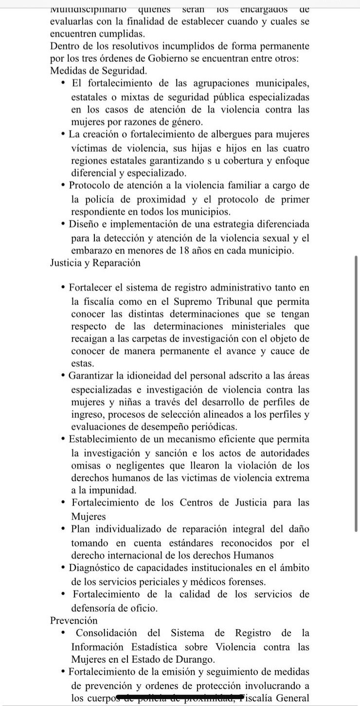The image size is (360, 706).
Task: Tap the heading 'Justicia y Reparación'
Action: tap(95, 263)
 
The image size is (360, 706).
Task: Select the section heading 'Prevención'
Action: tap(74, 620)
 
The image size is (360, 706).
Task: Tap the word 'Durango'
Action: tap(194, 660)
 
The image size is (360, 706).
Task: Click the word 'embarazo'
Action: tap(92, 250)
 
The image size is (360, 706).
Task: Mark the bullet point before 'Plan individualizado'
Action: tap(64, 529)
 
